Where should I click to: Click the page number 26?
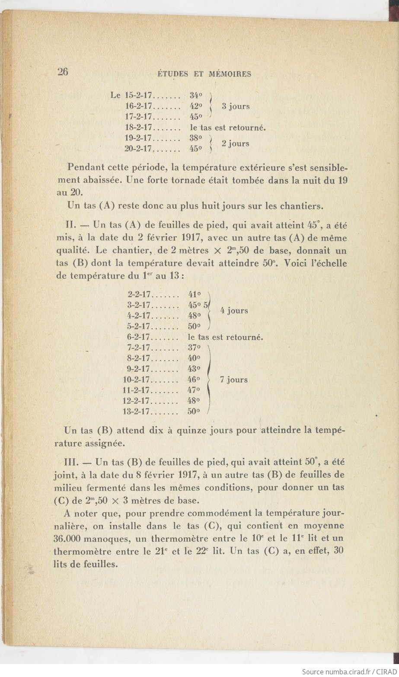coord(63,72)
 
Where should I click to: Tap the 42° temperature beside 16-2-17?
coord(196,106)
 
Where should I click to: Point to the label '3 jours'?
coord(236,106)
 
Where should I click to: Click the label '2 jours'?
coord(235,144)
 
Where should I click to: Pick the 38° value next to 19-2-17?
coord(196,138)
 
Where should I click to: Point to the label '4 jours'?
coord(234,310)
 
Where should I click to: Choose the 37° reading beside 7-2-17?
coord(195,348)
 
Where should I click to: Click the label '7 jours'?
coord(233,380)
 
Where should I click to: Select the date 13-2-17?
coord(136,412)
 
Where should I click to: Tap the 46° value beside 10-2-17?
coord(195,380)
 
